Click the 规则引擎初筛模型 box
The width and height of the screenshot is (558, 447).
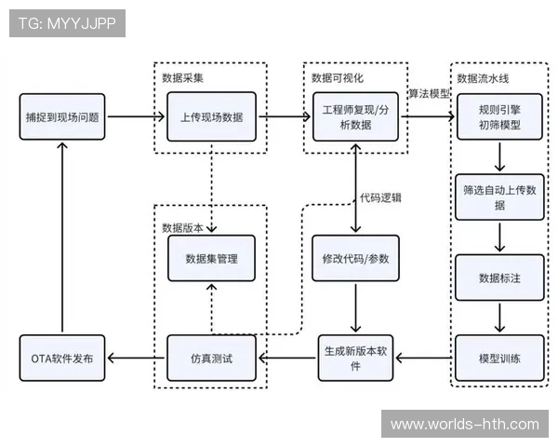tap(499, 117)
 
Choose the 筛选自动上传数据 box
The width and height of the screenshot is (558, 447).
tap(499, 196)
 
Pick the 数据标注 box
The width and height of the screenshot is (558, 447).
tap(499, 278)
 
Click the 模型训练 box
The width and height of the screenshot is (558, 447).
tap(499, 359)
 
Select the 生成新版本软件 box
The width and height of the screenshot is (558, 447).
tap(355, 359)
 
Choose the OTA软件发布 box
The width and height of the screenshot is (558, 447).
tap(62, 359)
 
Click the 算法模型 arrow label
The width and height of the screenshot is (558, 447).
tap(430, 93)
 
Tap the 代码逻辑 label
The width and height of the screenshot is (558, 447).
tap(381, 198)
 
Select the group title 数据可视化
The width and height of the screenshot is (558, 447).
tap(333, 77)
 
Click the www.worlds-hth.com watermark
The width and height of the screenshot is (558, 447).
tap(464, 425)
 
